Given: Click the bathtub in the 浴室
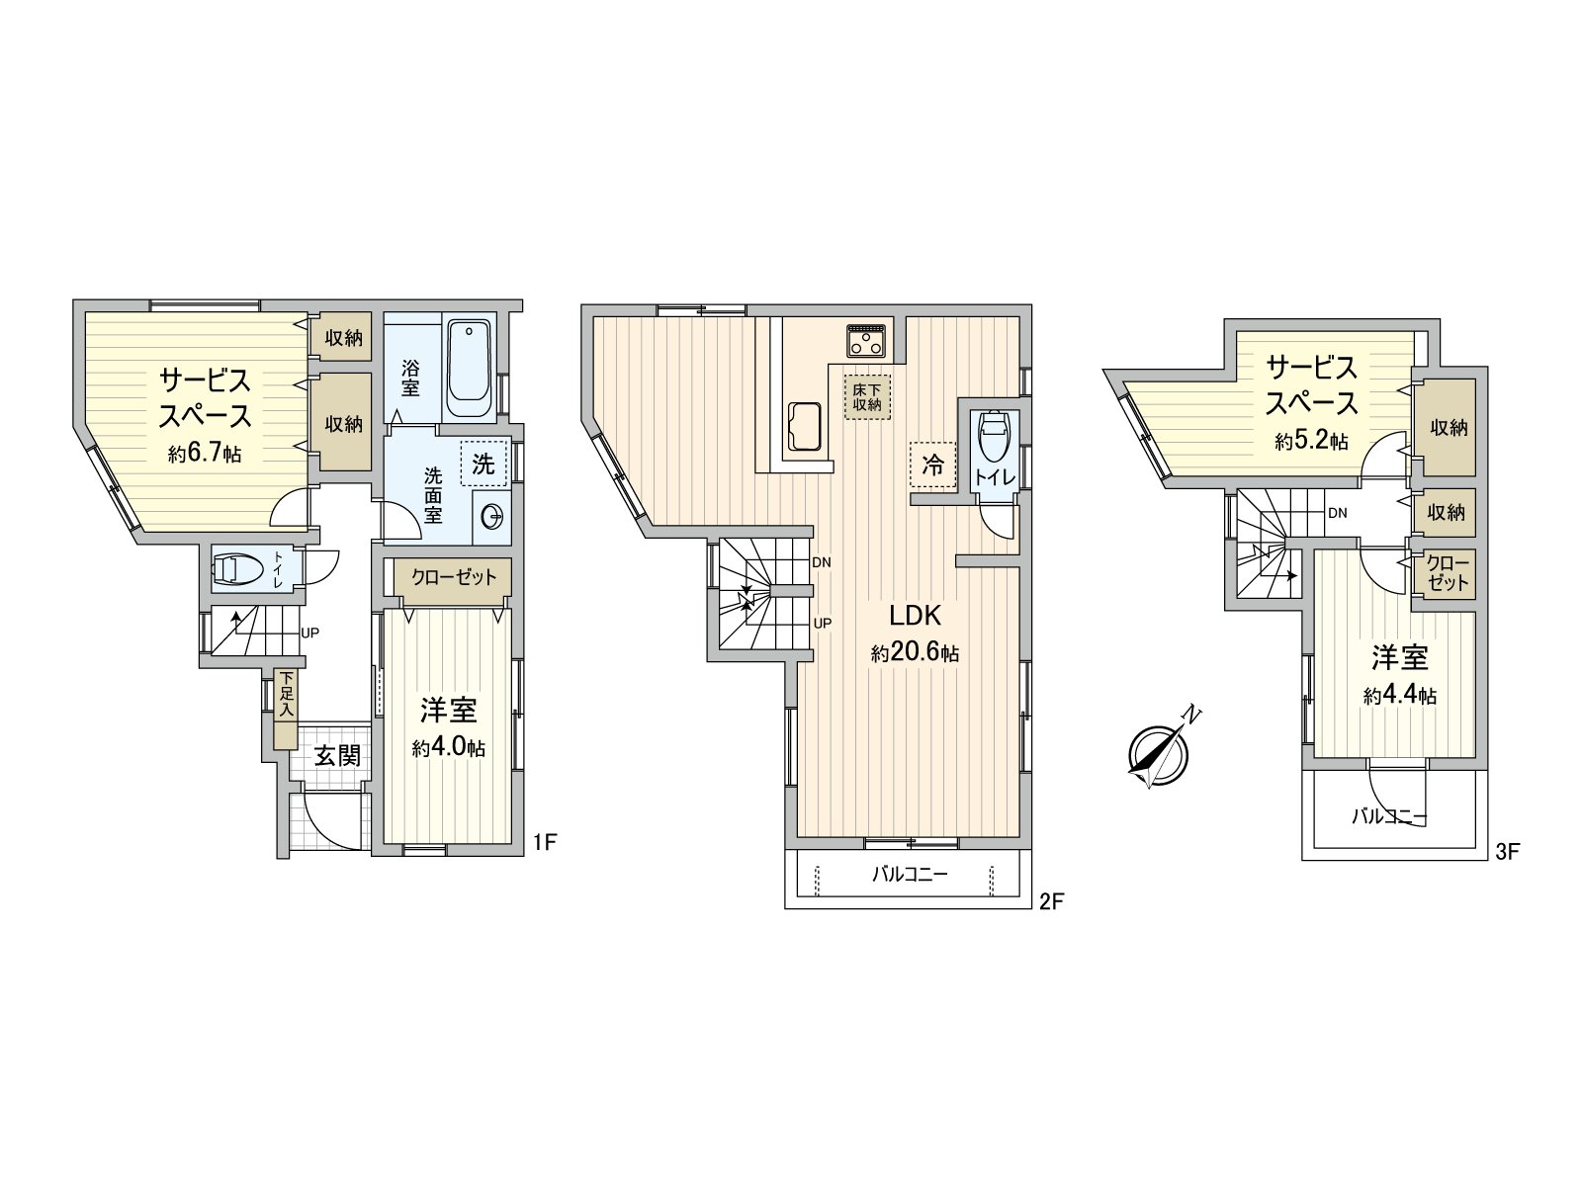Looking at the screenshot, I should (x=469, y=370).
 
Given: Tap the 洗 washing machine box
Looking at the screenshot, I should (x=483, y=463).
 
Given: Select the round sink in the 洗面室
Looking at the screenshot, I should (x=491, y=515).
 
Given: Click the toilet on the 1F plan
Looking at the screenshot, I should (x=238, y=569).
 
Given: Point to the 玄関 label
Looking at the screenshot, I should (x=336, y=756).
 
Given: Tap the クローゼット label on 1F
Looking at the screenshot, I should (x=453, y=576).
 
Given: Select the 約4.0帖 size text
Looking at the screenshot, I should (x=449, y=747).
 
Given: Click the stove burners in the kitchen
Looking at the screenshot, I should (x=869, y=341).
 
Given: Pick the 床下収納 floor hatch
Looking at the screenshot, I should (x=867, y=396).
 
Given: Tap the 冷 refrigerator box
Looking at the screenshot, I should (x=932, y=466).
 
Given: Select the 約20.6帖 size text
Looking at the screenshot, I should (x=915, y=653).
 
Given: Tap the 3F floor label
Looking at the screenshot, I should (x=1507, y=851).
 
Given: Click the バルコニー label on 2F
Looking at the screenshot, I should (x=910, y=874).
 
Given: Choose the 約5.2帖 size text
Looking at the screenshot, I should (x=1312, y=441).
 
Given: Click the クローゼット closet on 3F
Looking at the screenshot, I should (x=1449, y=573).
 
